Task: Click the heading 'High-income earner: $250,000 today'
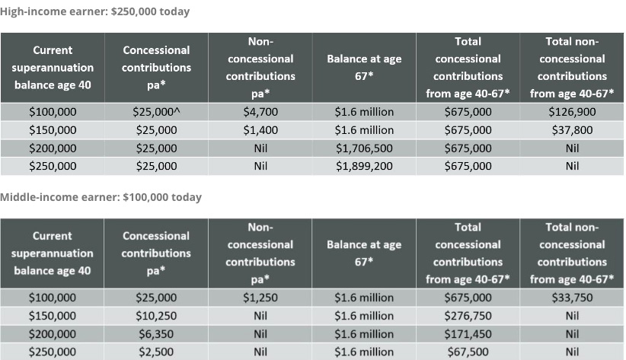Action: pos(95,11)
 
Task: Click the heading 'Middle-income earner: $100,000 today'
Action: pos(101,197)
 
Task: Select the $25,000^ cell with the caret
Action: pos(156,112)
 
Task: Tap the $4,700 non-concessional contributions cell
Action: pos(260,112)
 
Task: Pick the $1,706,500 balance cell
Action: pos(364,148)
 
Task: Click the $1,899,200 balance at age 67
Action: pos(364,166)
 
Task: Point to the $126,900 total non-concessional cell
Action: pos(572,112)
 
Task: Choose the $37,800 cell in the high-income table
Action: pos(572,130)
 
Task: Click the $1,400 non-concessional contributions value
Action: pos(260,130)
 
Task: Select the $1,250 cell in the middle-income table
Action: pos(260,298)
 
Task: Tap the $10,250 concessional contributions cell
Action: pos(156,316)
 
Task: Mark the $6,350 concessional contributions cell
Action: pos(156,334)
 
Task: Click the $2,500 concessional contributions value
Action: pos(156,352)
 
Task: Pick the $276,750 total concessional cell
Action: pos(468,316)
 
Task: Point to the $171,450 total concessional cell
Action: pos(468,334)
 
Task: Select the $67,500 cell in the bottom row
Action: pos(468,352)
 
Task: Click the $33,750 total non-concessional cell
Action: pos(572,298)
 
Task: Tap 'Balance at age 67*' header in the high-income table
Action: pos(364,67)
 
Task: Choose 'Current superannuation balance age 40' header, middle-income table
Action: pos(53,253)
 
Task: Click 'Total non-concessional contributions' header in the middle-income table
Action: pos(572,253)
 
